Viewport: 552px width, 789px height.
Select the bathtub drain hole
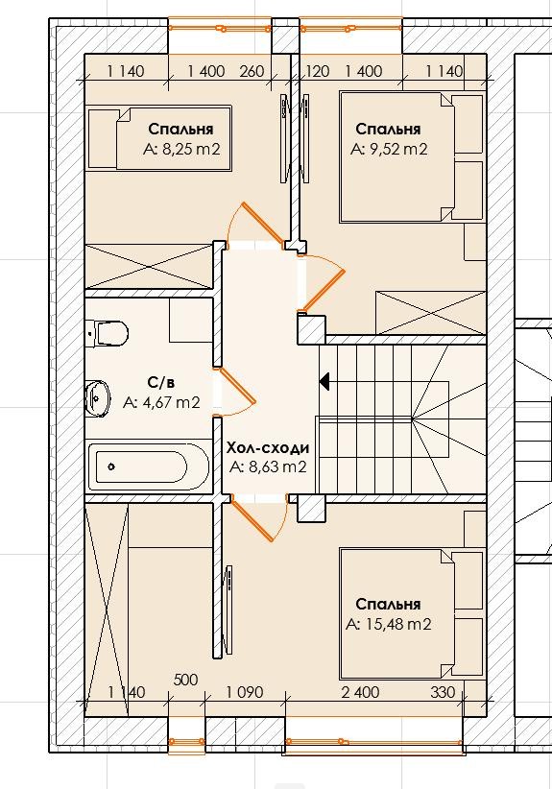111,466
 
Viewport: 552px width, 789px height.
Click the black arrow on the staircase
324,381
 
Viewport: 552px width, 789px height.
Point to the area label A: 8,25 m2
181,150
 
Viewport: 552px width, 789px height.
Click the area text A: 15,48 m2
389,625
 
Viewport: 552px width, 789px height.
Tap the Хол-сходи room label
268,448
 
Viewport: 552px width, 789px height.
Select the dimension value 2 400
360,692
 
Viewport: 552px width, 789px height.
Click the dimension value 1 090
244,692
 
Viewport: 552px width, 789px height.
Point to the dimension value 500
185,680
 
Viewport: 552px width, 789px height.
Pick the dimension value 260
252,71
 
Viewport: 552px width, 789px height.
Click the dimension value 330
443,692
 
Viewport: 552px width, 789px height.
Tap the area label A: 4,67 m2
161,402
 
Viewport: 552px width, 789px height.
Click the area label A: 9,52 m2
389,150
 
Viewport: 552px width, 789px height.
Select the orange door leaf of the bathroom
237,386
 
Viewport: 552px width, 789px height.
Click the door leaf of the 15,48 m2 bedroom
252,520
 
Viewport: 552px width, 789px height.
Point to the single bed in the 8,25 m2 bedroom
159,137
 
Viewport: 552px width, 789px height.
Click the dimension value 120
318,71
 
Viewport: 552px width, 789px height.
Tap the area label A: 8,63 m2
268,466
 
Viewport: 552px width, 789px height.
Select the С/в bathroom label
161,383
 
